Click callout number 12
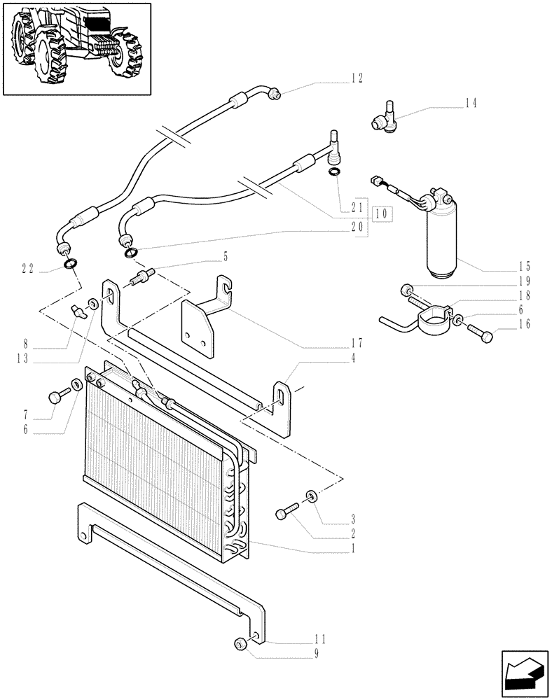[x=357, y=78]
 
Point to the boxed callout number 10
[x=382, y=214]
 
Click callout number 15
[x=525, y=267]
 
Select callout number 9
[x=316, y=654]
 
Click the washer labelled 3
[x=311, y=498]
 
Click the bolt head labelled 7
[x=55, y=397]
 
